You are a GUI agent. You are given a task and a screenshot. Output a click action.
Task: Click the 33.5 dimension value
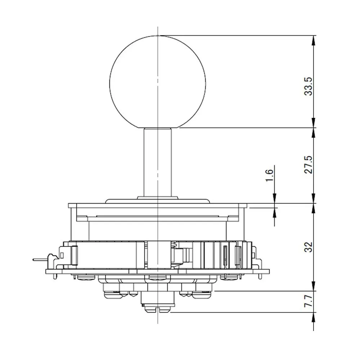pyautogui.click(x=309, y=86)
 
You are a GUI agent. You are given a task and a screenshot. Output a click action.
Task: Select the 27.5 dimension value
pyautogui.click(x=309, y=165)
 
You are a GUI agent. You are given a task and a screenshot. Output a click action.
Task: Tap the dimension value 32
pyautogui.click(x=309, y=247)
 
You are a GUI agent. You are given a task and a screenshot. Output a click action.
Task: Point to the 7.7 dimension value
pyautogui.click(x=309, y=301)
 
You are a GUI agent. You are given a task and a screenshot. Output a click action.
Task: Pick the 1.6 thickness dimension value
pyautogui.click(x=269, y=175)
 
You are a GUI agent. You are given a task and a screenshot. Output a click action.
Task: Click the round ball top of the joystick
pyautogui.click(x=158, y=82)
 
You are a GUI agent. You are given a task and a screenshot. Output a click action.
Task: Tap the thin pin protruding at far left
pyautogui.click(x=40, y=260)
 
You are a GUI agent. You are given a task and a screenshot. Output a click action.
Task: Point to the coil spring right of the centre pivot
pyautogui.click(x=175, y=244)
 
